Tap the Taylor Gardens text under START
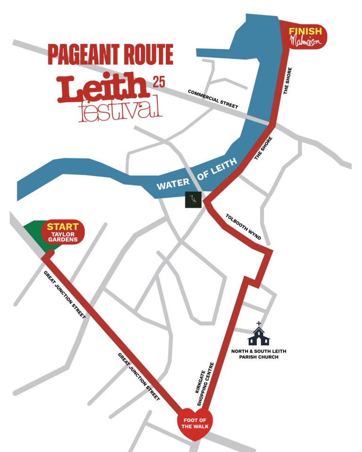(x=63, y=236)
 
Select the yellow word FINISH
(x=305, y=32)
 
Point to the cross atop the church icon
(x=258, y=323)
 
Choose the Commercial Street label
(x=213, y=99)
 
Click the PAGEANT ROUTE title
(x=110, y=55)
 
